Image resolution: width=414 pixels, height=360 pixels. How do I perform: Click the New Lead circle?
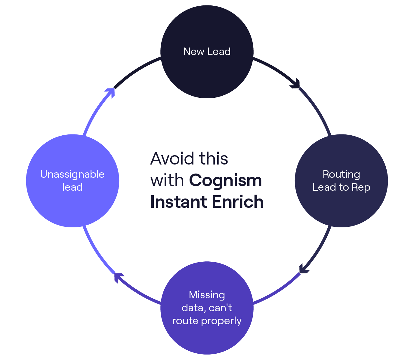point(207,69)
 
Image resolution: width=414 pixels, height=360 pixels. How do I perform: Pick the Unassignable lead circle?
point(73,205)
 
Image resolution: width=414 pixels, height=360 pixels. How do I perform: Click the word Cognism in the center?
point(225,181)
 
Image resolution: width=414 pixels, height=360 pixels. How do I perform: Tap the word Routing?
point(341,174)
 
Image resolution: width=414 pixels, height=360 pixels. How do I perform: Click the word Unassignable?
point(73,174)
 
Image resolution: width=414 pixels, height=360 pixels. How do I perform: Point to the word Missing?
point(207,295)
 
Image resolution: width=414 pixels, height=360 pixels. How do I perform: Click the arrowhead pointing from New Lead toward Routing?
point(296,84)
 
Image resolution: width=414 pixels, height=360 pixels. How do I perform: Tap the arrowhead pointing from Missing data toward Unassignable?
point(119,277)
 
